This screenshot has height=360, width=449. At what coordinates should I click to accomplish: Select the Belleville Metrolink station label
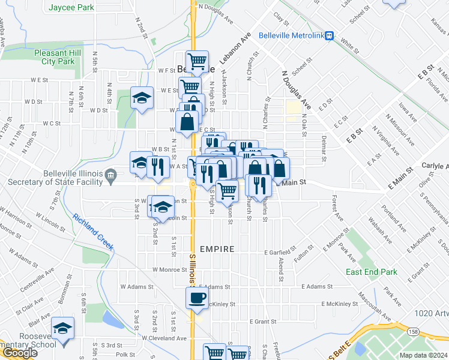pos(291,35)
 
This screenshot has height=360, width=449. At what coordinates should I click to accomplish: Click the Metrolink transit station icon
pos(330,35)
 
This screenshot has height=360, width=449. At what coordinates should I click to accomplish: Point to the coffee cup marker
pos(197,298)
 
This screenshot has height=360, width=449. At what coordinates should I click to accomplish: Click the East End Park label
pos(372,272)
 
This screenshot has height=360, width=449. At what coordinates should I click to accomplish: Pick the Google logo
pos(19,353)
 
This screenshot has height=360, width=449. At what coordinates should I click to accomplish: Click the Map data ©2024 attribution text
pos(423,355)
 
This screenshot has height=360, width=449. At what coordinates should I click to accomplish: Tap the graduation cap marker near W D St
pos(142,98)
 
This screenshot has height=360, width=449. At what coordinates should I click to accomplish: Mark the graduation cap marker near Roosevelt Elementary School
pos(62,328)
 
